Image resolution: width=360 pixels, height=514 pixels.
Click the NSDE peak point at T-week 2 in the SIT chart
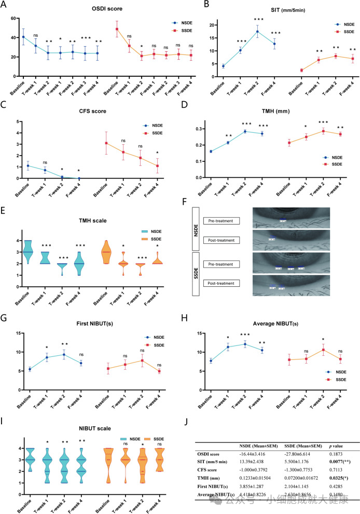click(x=257, y=32)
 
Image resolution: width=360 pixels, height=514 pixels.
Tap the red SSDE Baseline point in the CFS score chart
click(x=106, y=143)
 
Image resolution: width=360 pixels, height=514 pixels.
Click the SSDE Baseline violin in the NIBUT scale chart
click(x=108, y=465)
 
